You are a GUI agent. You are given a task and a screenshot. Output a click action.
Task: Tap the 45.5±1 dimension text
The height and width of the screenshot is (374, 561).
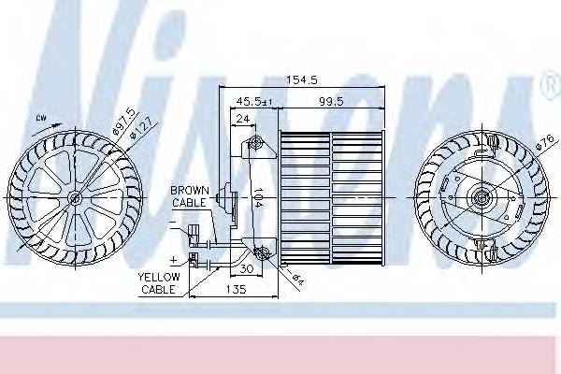click(254, 100)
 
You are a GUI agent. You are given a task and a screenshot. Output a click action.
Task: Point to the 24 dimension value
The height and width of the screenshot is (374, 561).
click(241, 118)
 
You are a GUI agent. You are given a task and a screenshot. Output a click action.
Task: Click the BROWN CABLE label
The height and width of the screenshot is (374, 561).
click(190, 196)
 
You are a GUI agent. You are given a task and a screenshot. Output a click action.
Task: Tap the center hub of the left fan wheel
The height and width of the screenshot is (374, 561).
click(75, 197)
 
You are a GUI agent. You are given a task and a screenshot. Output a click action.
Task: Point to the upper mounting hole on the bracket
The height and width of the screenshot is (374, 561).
click(255, 143)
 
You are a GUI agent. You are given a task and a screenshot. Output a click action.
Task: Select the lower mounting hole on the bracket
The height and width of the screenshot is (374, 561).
click(261, 252)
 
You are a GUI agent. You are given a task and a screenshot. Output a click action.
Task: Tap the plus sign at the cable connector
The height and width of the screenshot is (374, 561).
click(175, 255)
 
